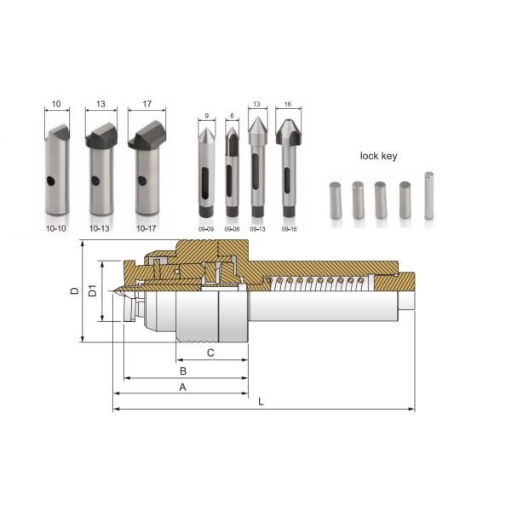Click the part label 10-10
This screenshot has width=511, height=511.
click(x=56, y=228)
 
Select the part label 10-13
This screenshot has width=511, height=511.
click(x=100, y=228)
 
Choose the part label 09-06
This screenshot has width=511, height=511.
click(x=232, y=228)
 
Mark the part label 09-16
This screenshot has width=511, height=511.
click(x=288, y=228)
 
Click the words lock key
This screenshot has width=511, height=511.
click(x=379, y=157)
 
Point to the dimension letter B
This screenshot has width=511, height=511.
click(x=181, y=372)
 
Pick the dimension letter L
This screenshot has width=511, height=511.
click(x=261, y=402)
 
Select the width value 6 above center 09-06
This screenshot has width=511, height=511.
click(x=231, y=116)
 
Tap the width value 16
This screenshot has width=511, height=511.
click(x=288, y=103)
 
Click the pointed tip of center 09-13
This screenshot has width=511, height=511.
click(x=258, y=121)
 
